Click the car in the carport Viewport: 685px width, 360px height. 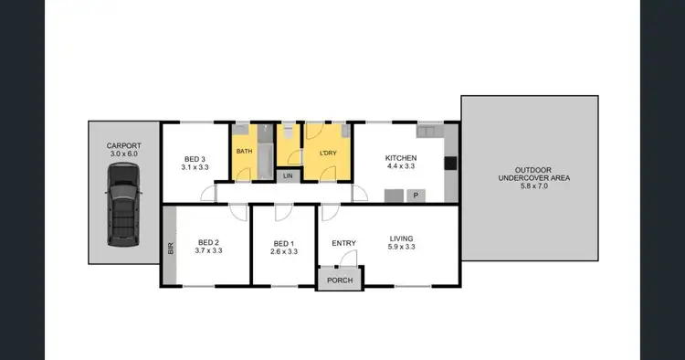123,213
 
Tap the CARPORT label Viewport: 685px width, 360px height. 123,144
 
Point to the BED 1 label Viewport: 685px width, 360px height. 284,242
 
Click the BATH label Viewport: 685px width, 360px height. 245,151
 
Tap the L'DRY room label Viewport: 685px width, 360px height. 328,152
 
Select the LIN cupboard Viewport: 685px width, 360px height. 289,175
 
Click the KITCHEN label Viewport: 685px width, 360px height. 401,157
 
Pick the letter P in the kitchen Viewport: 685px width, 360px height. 416,195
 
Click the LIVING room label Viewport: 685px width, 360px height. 401,239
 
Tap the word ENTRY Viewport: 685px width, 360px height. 344,242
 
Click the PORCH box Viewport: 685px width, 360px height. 340,281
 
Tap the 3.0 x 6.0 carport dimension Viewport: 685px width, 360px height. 123,154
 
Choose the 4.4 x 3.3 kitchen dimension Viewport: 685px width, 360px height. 401,167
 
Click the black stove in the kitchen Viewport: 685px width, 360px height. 450,164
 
